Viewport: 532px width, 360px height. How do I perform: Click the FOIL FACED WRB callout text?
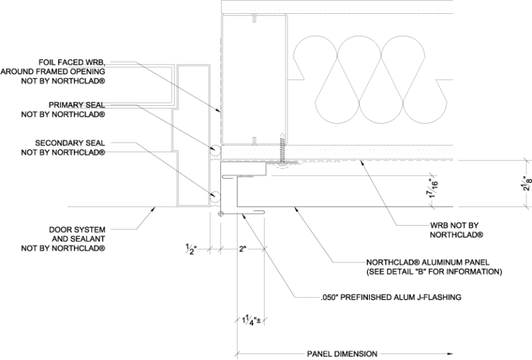(x=53, y=71)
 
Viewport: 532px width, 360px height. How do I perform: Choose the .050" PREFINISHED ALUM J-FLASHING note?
(x=391, y=298)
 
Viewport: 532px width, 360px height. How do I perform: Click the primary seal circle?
(x=215, y=149)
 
